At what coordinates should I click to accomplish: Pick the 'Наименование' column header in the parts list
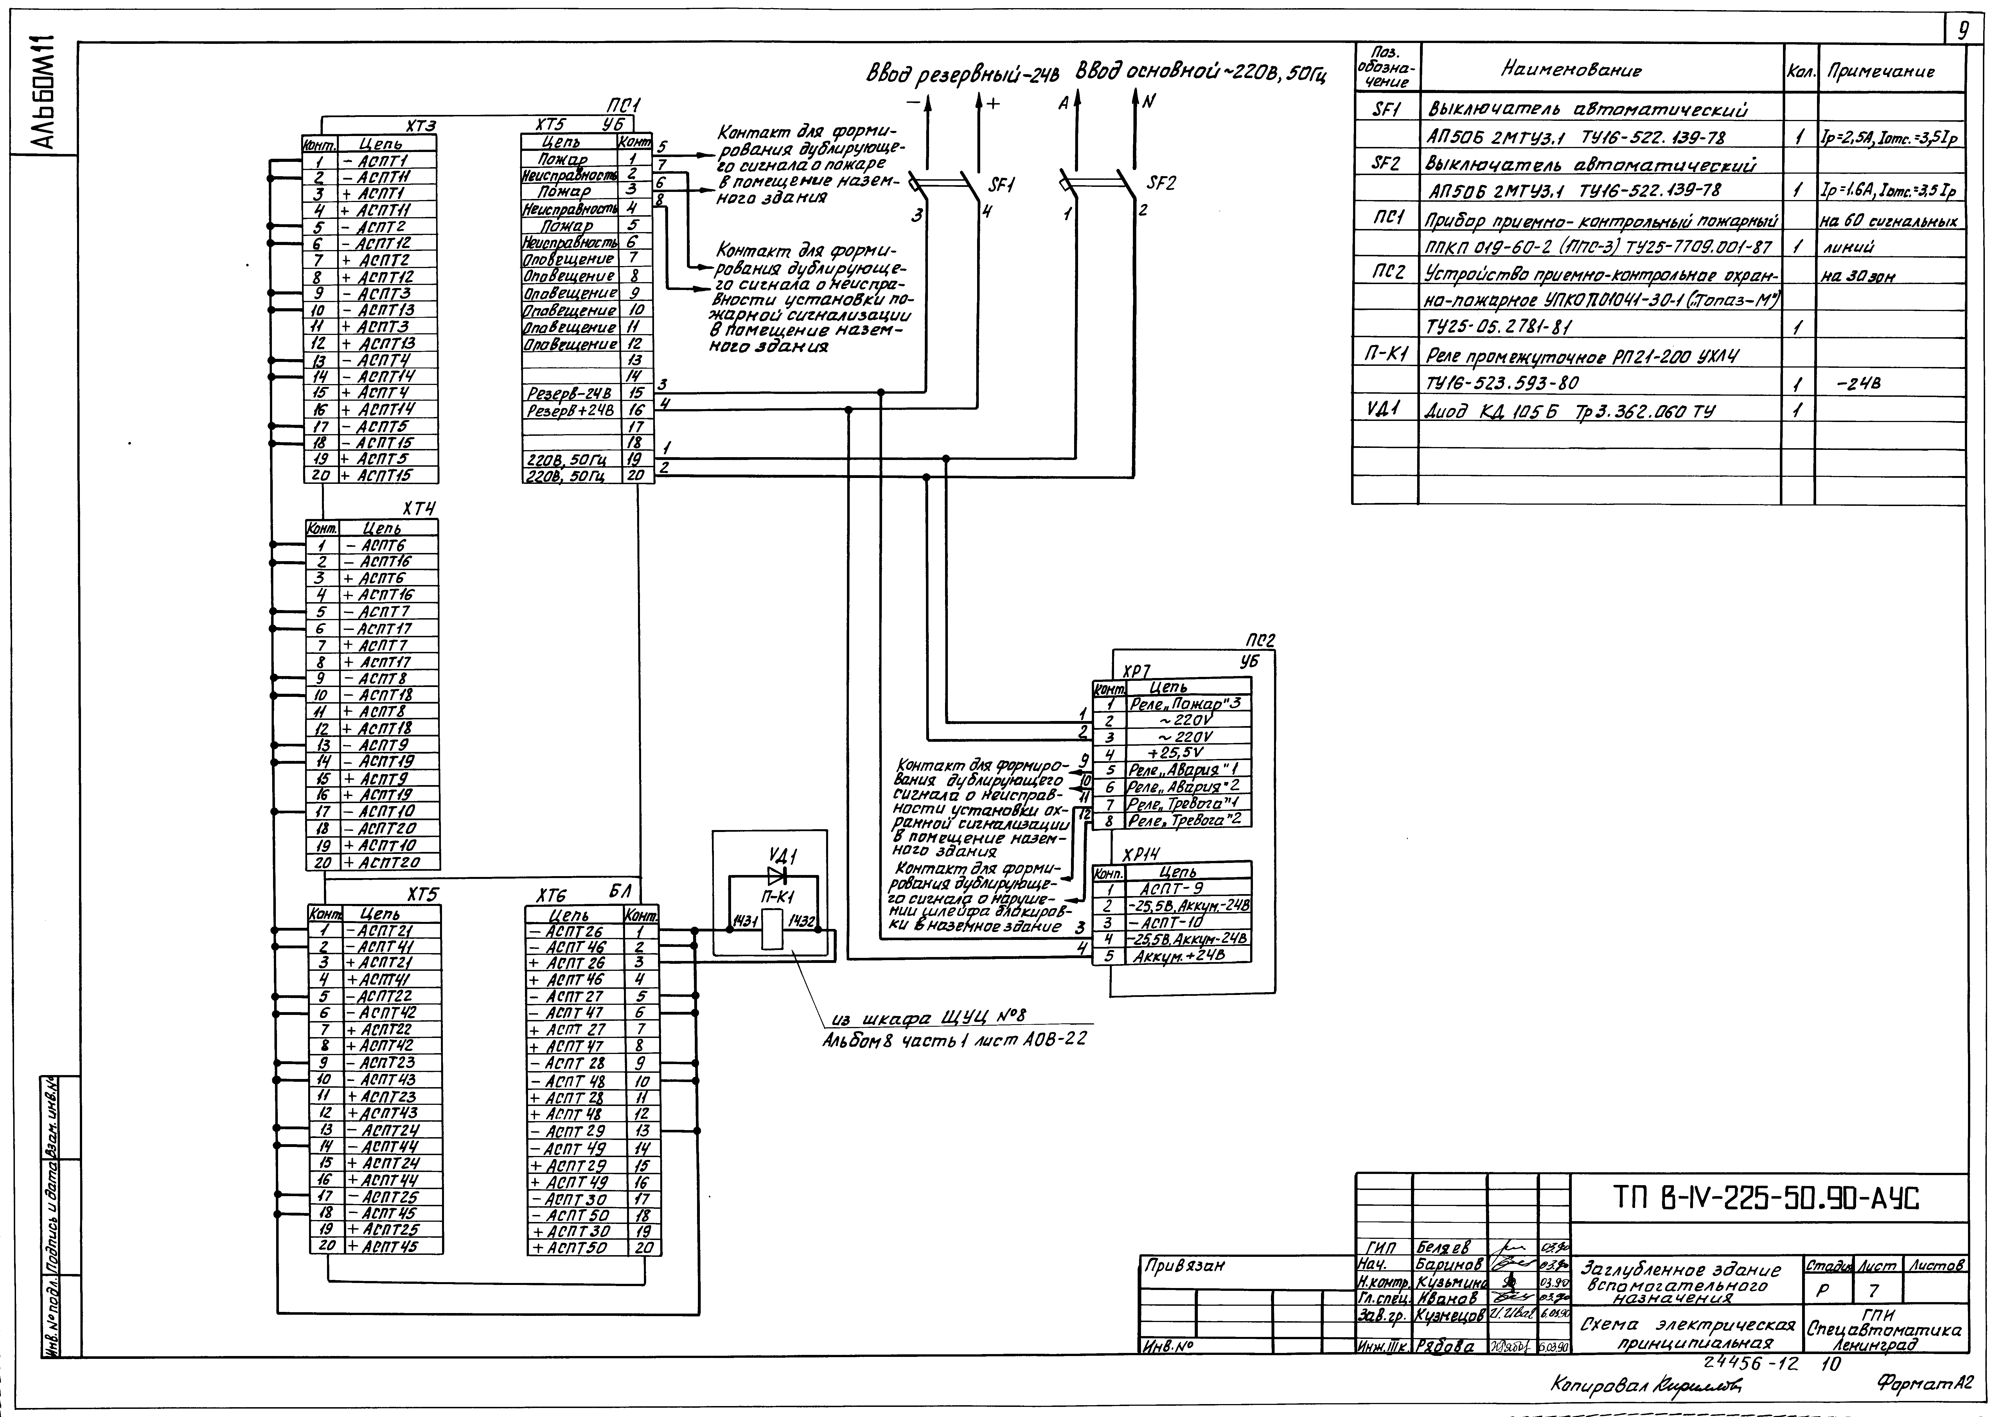tap(1570, 71)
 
